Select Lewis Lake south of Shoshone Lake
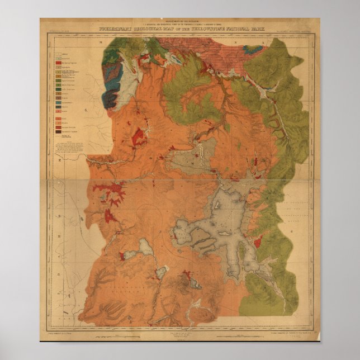point(162,272)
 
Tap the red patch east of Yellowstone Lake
point(258,243)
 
